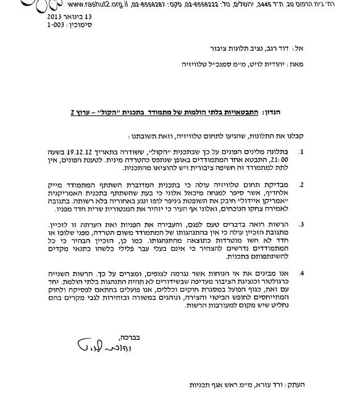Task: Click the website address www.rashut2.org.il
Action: click(x=91, y=3)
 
